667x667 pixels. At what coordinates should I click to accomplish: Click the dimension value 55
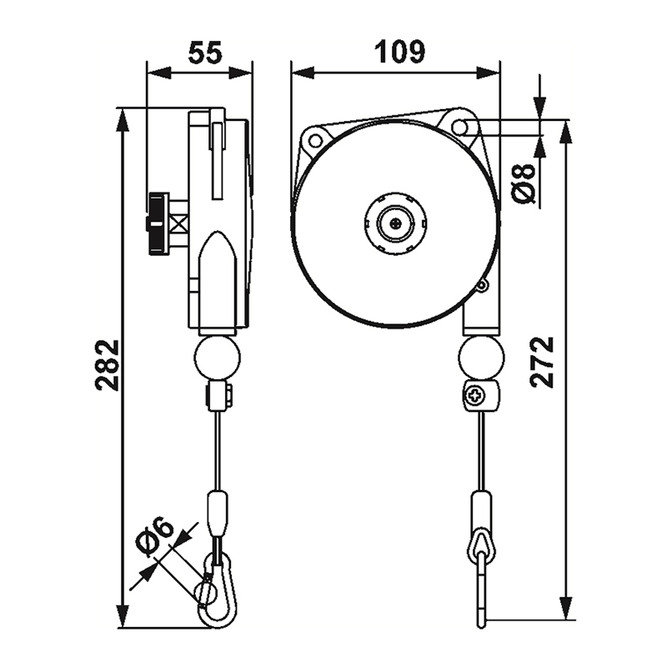[205, 53]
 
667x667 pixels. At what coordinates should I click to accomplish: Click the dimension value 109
[399, 52]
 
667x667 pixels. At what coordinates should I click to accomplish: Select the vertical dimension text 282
[107, 365]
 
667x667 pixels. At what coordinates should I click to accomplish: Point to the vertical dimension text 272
[543, 362]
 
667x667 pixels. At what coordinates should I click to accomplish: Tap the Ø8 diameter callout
[524, 183]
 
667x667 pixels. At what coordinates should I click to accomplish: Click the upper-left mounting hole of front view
[316, 140]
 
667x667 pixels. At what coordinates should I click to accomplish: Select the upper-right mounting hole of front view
[459, 127]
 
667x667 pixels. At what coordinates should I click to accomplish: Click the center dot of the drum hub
[396, 223]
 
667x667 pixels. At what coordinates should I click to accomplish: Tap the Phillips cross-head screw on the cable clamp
[474, 396]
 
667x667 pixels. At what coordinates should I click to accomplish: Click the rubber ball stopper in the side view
[217, 357]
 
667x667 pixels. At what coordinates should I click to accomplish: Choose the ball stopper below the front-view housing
[482, 357]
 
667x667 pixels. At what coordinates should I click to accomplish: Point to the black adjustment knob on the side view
[158, 223]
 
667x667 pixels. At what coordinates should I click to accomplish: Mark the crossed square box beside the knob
[178, 223]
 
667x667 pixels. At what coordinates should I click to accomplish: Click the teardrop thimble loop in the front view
[482, 545]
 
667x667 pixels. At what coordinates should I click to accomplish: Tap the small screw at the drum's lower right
[481, 286]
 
